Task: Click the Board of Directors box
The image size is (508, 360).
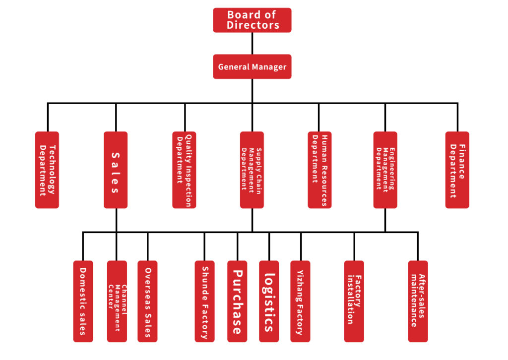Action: click(x=252, y=20)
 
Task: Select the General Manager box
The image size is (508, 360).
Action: click(x=252, y=66)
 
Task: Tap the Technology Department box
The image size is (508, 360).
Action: click(x=47, y=170)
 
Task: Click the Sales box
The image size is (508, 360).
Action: click(x=116, y=170)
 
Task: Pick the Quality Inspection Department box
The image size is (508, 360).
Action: click(x=184, y=170)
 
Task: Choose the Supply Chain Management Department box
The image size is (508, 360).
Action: click(x=252, y=170)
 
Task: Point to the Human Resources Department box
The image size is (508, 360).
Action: click(x=319, y=170)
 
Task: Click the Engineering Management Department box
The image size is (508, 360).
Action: click(x=385, y=170)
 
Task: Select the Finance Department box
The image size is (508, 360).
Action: click(x=457, y=170)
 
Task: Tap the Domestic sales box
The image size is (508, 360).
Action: click(x=83, y=301)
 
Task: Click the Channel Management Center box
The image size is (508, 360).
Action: click(x=117, y=301)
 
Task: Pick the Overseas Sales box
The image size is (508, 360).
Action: click(x=147, y=301)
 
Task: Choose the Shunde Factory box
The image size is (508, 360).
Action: click(x=204, y=301)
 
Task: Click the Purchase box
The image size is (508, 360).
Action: click(x=237, y=301)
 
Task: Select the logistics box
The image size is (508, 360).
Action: click(x=269, y=301)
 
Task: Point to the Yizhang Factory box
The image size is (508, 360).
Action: click(x=300, y=301)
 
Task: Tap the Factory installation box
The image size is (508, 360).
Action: click(x=354, y=301)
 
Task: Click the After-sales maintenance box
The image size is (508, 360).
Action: click(x=418, y=301)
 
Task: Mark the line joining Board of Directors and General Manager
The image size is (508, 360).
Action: click(x=252, y=43)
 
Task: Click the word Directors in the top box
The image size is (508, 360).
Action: click(x=253, y=25)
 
